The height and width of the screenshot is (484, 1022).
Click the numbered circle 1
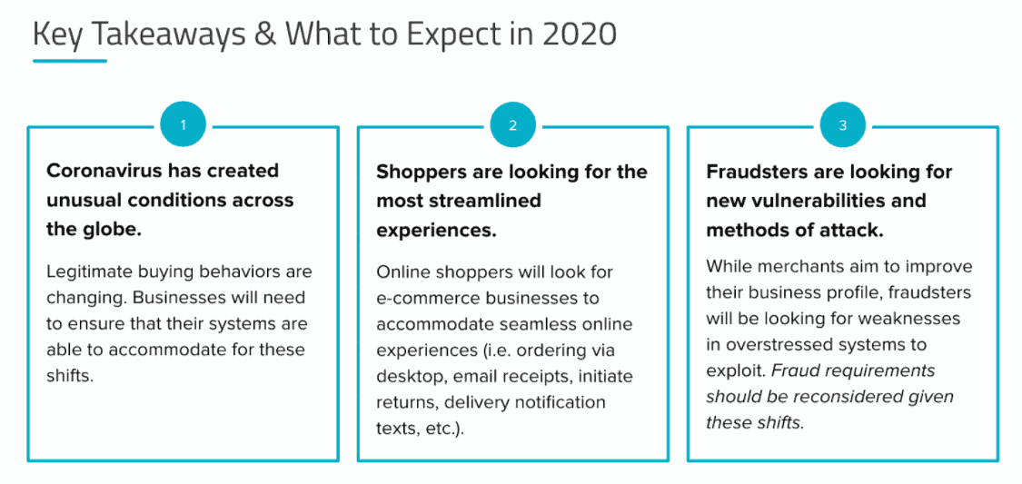184,125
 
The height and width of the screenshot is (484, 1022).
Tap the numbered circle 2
513,125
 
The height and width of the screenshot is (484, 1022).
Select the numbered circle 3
843,125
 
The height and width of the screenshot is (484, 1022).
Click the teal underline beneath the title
70,61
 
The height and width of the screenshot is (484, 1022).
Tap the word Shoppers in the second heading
416,173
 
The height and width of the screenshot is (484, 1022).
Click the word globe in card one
112,230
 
